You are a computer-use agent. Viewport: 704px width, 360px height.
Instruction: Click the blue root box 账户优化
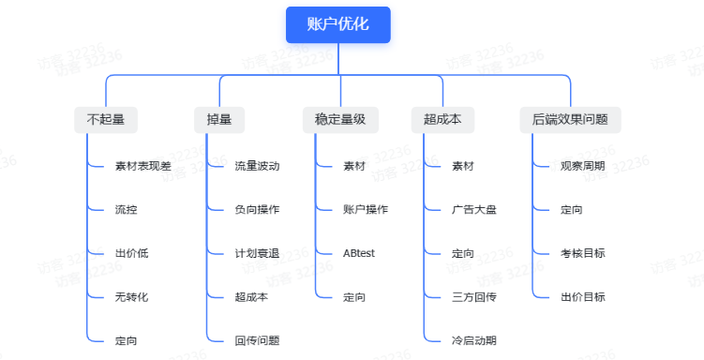(337, 25)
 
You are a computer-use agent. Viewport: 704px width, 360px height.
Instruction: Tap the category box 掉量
(219, 120)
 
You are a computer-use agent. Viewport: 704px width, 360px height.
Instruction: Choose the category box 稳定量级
(339, 120)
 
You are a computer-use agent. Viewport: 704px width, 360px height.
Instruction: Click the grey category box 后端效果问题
(570, 120)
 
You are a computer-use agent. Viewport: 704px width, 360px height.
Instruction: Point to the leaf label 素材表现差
(143, 166)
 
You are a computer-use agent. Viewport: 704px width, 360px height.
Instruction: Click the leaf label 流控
(127, 210)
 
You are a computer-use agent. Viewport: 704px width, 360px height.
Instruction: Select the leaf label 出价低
(132, 253)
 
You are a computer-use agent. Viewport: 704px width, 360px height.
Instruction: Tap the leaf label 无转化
(132, 297)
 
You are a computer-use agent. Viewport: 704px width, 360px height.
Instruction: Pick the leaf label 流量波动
(258, 166)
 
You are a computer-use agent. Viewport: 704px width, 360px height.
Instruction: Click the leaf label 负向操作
(258, 210)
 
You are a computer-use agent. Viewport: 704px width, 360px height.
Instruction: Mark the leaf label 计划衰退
(258, 253)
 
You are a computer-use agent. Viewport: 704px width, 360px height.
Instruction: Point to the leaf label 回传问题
(258, 340)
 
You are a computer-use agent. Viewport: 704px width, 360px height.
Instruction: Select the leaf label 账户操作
(366, 210)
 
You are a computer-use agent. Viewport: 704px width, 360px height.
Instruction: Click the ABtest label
(359, 253)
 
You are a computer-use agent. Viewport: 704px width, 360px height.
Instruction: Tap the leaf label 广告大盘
(474, 210)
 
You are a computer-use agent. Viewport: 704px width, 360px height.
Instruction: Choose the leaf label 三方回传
(474, 297)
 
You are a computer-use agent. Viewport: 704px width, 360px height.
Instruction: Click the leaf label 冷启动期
(474, 340)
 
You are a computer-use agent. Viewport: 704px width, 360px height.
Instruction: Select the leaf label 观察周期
(583, 166)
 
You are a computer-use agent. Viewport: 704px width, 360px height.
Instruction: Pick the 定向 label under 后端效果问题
(572, 210)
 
